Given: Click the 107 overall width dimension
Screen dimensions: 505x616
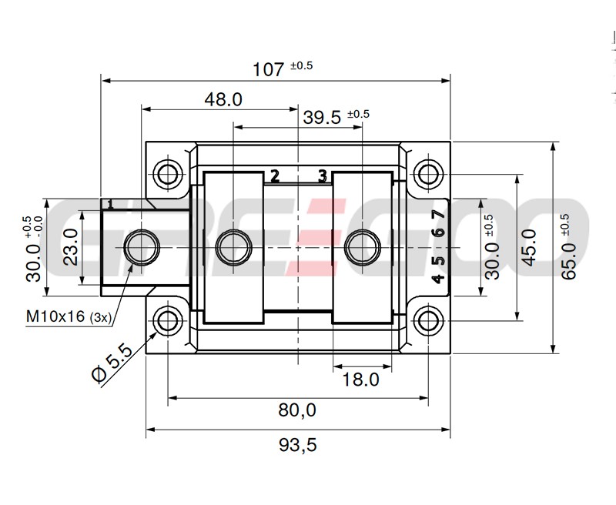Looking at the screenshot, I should tap(269, 69).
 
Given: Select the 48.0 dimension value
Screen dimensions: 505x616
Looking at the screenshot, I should tap(223, 99).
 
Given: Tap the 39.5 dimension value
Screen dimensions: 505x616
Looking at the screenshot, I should tap(322, 117).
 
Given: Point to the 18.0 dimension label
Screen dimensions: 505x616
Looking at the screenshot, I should tap(360, 379).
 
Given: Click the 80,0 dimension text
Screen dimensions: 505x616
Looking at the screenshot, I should tap(297, 410).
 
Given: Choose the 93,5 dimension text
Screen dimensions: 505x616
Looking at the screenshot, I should tap(297, 444).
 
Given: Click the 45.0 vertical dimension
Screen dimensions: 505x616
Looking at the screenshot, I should tap(529, 246).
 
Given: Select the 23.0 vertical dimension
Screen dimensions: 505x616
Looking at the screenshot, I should tap(70, 247).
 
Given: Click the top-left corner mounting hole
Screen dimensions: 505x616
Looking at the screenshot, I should tap(167, 172).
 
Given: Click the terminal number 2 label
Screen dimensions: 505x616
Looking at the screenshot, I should tap(274, 176).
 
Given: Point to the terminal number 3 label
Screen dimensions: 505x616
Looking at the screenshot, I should tap(323, 176).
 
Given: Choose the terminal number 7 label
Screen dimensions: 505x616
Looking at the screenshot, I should tap(437, 216).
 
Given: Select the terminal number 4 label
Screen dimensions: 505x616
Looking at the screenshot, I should tap(437, 278).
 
